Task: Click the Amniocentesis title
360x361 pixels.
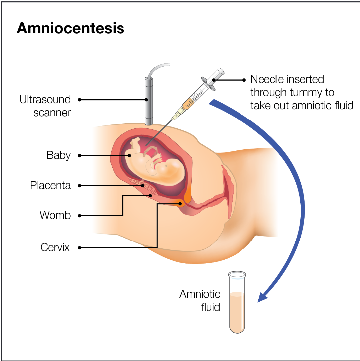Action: point(70,28)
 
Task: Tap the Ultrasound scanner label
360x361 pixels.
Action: point(45,106)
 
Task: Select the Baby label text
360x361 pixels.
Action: point(59,156)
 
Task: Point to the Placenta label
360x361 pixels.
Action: point(50,186)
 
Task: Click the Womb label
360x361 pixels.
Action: point(55,216)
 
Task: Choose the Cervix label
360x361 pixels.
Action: point(55,247)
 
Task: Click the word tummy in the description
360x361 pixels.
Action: point(318,93)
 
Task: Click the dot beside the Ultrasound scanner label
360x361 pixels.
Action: point(80,100)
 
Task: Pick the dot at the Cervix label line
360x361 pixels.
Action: point(80,247)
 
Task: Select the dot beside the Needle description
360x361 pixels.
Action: point(243,80)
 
